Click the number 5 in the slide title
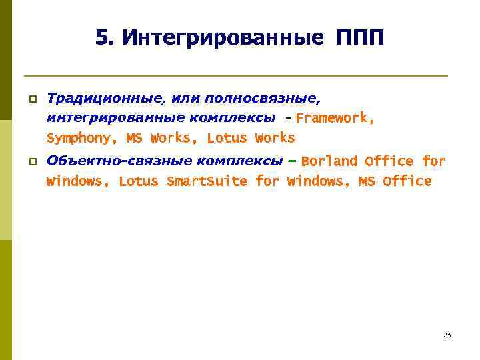(101, 38)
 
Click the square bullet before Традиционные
(31, 99)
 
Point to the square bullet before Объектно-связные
(31, 162)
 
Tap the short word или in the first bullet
(186, 99)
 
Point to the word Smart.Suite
(207, 181)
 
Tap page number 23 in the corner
(447, 335)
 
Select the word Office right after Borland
(389, 161)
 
